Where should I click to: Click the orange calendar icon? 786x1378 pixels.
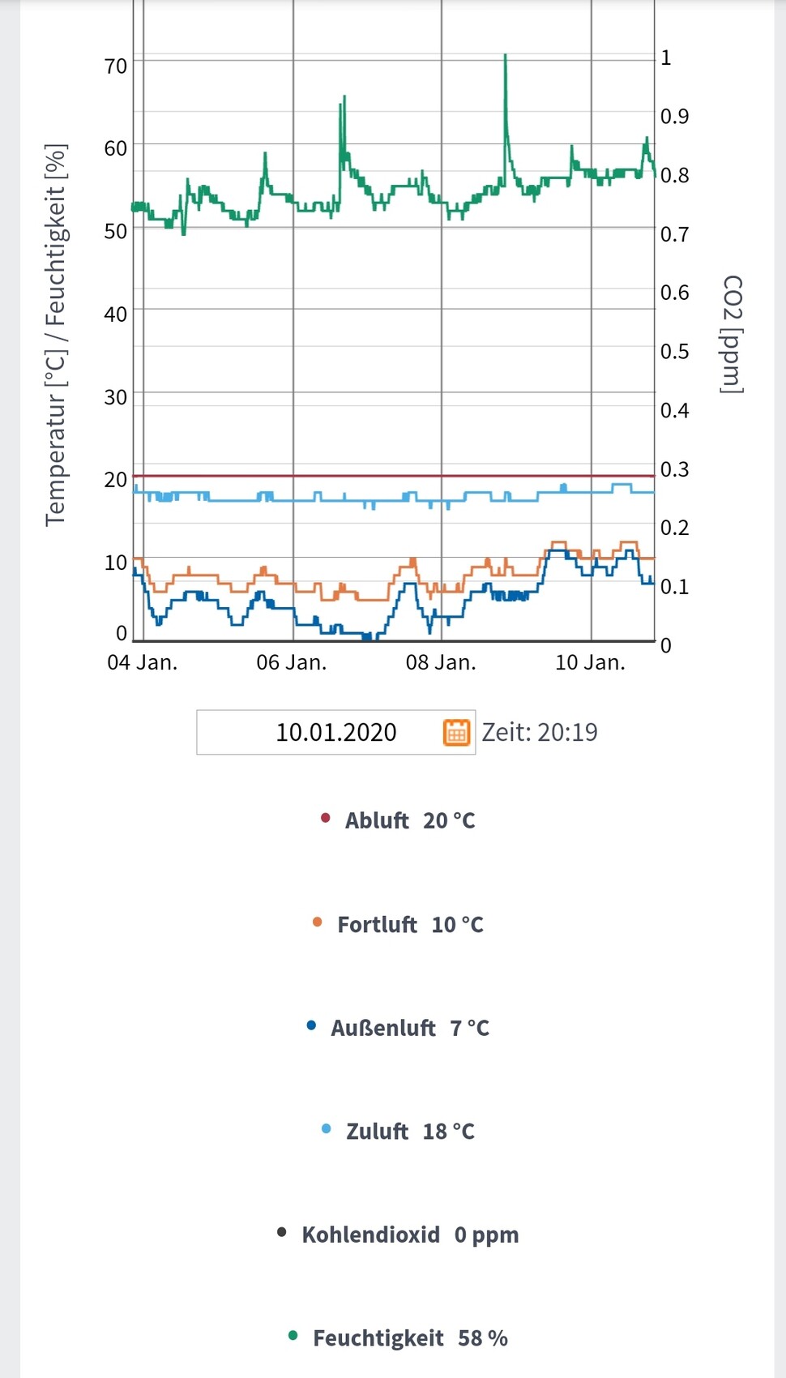pos(456,732)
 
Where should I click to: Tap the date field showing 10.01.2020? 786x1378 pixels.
pos(335,732)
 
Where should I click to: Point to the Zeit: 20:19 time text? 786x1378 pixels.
pos(540,732)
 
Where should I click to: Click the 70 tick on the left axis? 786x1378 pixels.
pos(116,66)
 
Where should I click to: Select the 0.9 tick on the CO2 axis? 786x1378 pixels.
pos(674,117)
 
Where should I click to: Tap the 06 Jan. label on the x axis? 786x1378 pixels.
pos(292,662)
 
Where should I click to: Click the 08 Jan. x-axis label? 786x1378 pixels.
pos(441,662)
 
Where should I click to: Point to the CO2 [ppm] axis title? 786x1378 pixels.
pos(732,334)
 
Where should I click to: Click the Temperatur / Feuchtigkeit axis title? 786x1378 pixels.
pos(56,335)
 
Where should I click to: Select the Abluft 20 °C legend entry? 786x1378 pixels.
pos(410,820)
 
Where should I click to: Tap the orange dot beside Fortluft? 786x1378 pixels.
pos(317,922)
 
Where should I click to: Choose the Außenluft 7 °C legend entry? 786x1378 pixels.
pos(410,1028)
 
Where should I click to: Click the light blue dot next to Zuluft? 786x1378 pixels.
pos(327,1128)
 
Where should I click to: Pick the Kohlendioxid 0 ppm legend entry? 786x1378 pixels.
pos(410,1235)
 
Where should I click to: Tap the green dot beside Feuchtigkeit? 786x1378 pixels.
pos(293,1335)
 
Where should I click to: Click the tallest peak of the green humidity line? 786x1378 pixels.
pos(506,56)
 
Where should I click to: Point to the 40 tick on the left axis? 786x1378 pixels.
pos(116,314)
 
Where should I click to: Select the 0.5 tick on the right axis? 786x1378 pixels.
pos(674,352)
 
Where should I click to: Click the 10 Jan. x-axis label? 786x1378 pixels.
pos(590,662)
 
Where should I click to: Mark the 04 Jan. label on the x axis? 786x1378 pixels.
pos(143,662)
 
